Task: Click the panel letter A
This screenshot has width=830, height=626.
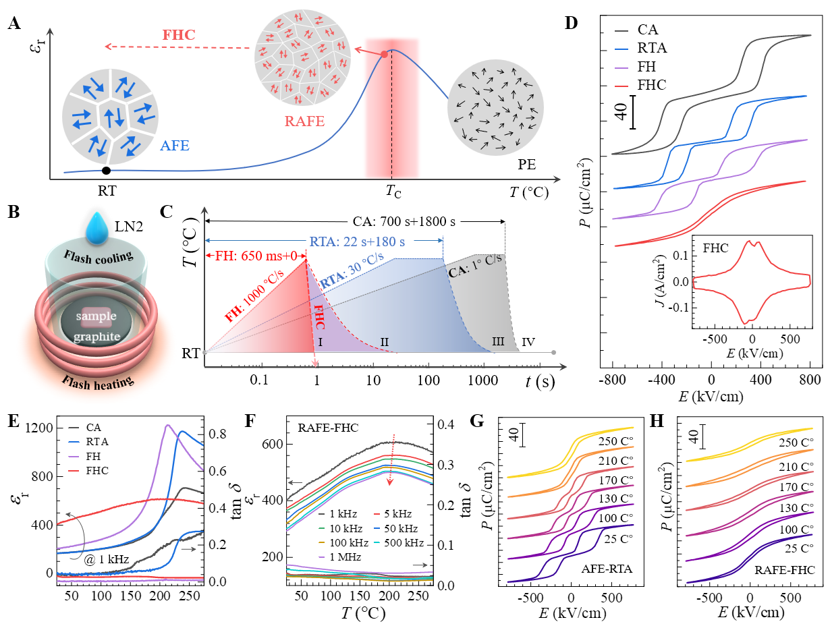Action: pos(13,25)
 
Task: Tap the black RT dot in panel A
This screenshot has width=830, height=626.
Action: pos(106,171)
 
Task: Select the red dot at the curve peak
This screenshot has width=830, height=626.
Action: pos(384,55)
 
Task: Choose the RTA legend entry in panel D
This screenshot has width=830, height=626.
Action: pos(649,48)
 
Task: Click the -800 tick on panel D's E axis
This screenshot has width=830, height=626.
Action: pos(611,378)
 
